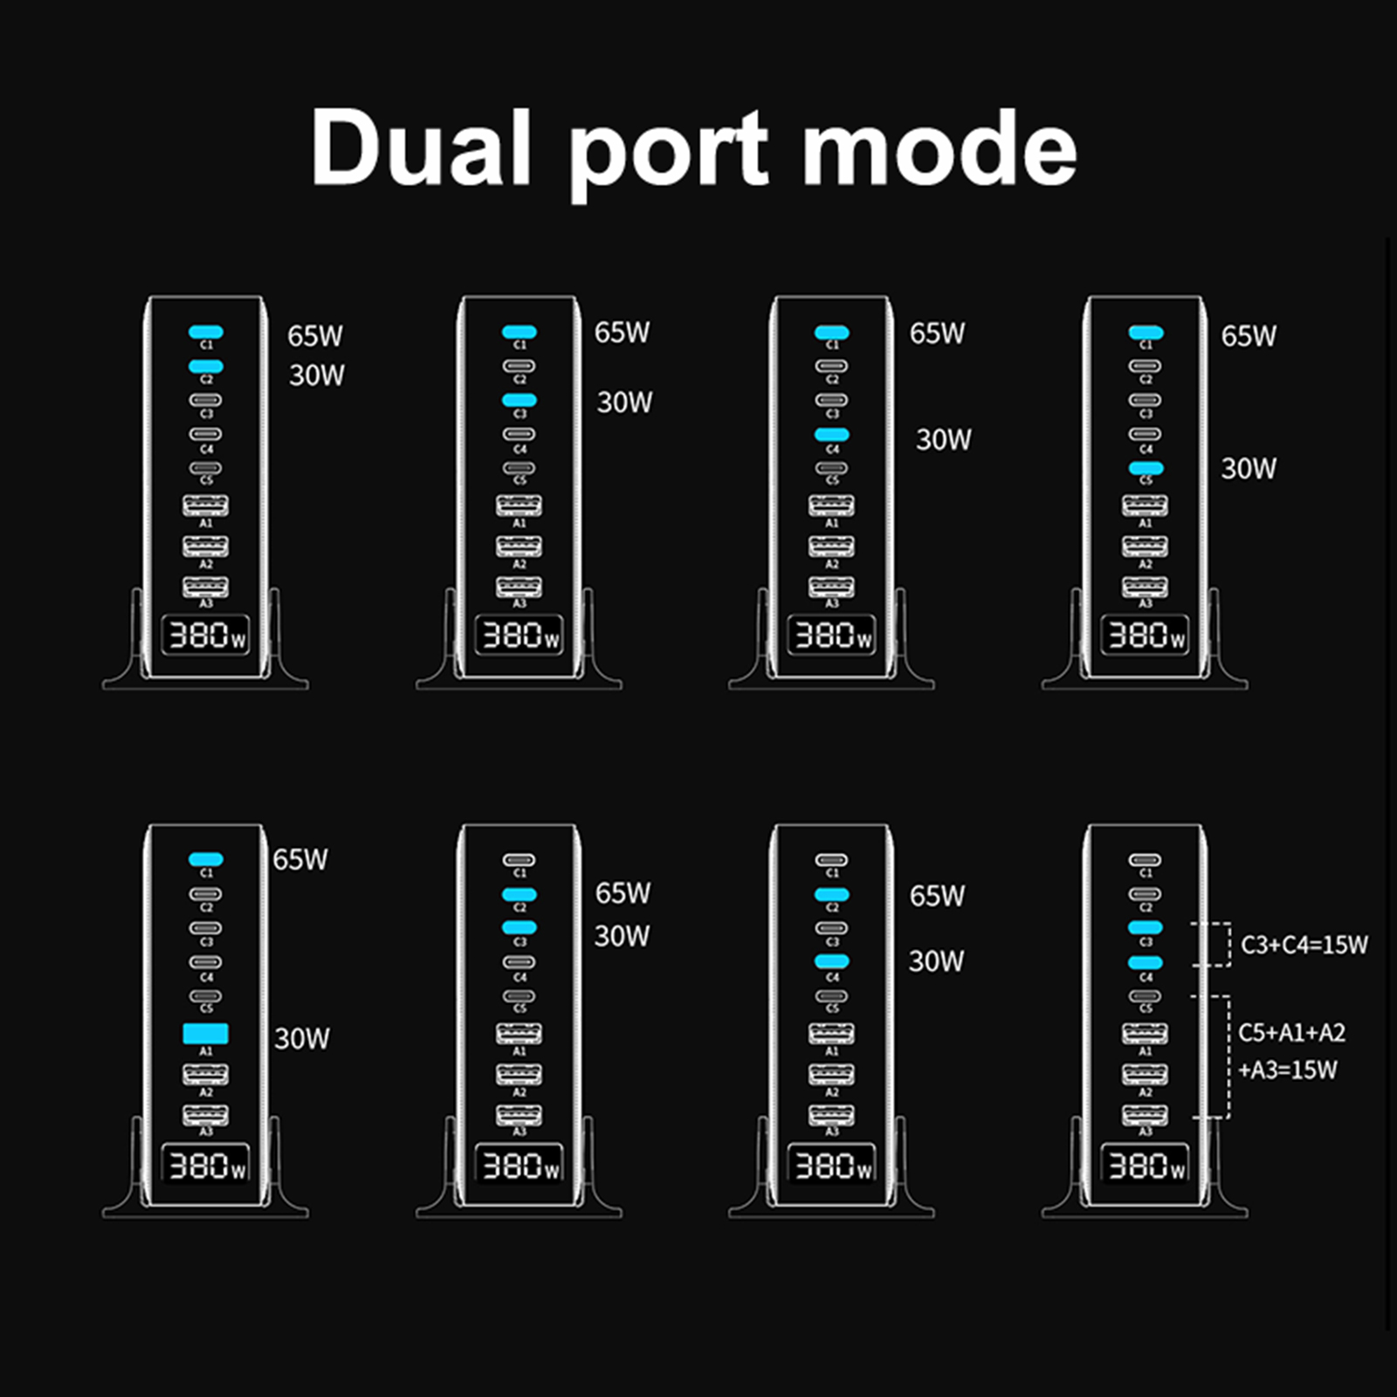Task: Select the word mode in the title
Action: (939, 148)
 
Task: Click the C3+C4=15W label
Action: (1304, 945)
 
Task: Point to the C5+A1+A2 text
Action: (1291, 1033)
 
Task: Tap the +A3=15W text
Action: (1287, 1070)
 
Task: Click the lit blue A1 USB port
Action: (205, 1034)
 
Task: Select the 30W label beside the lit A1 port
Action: (302, 1038)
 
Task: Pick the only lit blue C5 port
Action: (1146, 469)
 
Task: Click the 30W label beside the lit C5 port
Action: (1249, 469)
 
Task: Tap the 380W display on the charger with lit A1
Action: (206, 1165)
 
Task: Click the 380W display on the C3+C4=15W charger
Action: (1145, 1165)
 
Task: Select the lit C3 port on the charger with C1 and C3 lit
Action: (520, 401)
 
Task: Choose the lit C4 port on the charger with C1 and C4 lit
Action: (832, 435)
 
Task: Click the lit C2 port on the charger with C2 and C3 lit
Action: (520, 894)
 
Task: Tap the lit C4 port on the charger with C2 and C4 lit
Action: (832, 962)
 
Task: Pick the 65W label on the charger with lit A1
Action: (300, 859)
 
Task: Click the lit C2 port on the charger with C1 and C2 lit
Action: (206, 367)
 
